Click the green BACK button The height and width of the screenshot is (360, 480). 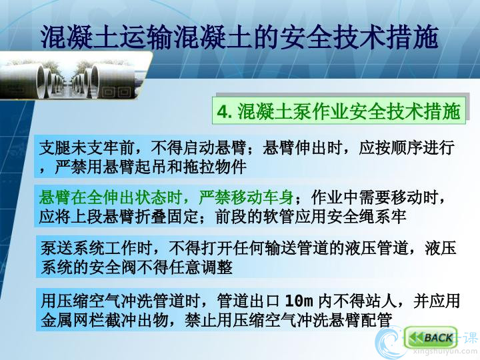tap(431, 337)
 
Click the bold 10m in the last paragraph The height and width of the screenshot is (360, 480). tap(299, 301)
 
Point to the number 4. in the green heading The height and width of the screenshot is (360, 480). tap(225, 112)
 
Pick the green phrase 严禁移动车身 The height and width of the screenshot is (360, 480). tap(246, 197)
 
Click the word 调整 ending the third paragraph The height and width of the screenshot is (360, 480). tap(216, 267)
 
